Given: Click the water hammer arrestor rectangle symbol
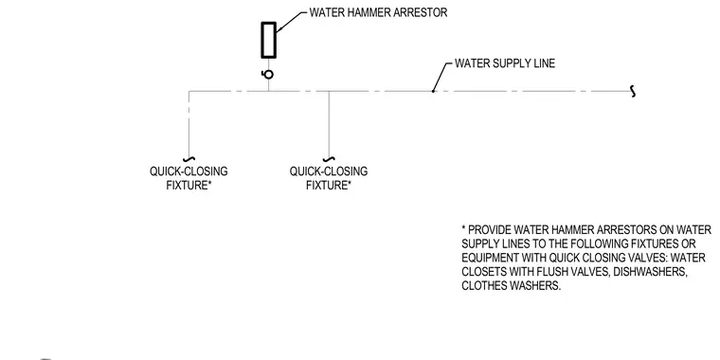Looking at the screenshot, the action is coord(269,40).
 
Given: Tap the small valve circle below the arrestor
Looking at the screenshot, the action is coord(268,75).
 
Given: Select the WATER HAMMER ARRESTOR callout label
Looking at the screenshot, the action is coord(378,12).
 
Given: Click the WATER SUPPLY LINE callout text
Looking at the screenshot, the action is coord(505,63).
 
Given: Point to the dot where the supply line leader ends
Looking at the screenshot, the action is coord(433,91).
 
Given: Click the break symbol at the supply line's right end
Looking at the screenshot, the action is coord(633,91).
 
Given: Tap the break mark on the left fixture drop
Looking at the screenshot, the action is coord(189,159).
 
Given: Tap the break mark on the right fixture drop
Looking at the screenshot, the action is coord(329,159).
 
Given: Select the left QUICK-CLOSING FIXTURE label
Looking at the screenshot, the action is coord(189,178).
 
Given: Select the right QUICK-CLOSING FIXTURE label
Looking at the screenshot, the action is coord(329,178).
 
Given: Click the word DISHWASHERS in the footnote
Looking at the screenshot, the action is coord(650,272).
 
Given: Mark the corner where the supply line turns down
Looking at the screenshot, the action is coord(189,91).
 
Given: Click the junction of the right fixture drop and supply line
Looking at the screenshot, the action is coord(329,91).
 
